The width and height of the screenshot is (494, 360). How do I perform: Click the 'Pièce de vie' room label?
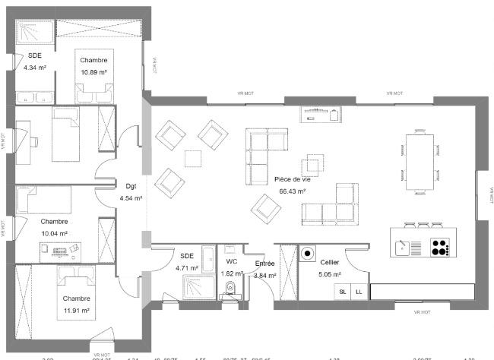click(293, 180)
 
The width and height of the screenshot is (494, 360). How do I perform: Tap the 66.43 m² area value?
click(293, 191)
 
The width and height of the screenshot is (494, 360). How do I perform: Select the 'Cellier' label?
click(330, 262)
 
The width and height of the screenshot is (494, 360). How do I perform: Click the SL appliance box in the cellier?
click(342, 292)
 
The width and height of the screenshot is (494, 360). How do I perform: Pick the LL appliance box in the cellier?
click(358, 292)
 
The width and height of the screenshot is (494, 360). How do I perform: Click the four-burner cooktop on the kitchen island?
click(440, 247)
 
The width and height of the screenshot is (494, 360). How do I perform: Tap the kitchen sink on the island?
click(405, 247)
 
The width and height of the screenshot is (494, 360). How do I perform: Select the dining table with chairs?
click(419, 155)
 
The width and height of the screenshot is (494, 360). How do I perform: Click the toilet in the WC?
click(230, 289)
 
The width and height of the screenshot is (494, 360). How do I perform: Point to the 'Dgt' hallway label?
click(131, 185)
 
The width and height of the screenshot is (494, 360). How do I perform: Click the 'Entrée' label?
click(264, 263)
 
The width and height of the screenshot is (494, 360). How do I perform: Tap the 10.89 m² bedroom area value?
click(93, 72)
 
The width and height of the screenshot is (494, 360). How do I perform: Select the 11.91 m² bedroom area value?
click(76, 310)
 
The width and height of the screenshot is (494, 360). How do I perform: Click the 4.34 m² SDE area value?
click(35, 68)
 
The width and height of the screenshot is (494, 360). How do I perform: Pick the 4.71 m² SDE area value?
click(187, 267)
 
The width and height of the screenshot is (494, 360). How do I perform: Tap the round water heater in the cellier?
click(308, 254)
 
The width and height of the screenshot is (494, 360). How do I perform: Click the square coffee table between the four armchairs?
click(193, 159)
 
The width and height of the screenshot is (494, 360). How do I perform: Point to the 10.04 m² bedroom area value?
click(54, 233)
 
